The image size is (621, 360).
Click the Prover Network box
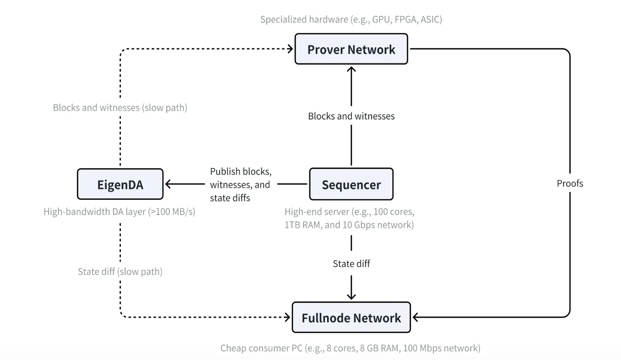tap(351, 49)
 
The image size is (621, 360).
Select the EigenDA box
tap(120, 184)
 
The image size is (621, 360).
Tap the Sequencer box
tap(351, 184)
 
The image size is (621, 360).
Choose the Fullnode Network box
tap(351, 317)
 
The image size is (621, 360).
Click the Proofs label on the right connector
tap(570, 183)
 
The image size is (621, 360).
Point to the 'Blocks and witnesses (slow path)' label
tap(120, 108)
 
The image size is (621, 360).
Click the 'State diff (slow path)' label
tap(120, 271)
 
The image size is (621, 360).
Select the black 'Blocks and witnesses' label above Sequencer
tap(351, 116)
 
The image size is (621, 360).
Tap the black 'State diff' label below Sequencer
tap(351, 263)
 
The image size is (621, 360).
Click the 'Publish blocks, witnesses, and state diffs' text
tap(241, 184)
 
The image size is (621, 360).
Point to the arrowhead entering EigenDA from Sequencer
tap(168, 184)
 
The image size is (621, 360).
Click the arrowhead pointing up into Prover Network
tap(351, 70)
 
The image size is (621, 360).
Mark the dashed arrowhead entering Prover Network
tap(290, 49)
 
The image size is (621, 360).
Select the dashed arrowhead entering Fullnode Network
tap(287, 317)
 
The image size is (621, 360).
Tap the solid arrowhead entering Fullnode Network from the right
tap(415, 317)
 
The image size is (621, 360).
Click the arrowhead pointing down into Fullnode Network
tap(351, 296)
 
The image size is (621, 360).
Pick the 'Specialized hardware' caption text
tap(351, 19)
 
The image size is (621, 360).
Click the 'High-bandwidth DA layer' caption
tap(119, 211)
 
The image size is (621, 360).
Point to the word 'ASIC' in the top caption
tap(430, 19)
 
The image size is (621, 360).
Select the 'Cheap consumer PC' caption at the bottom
tap(350, 348)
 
